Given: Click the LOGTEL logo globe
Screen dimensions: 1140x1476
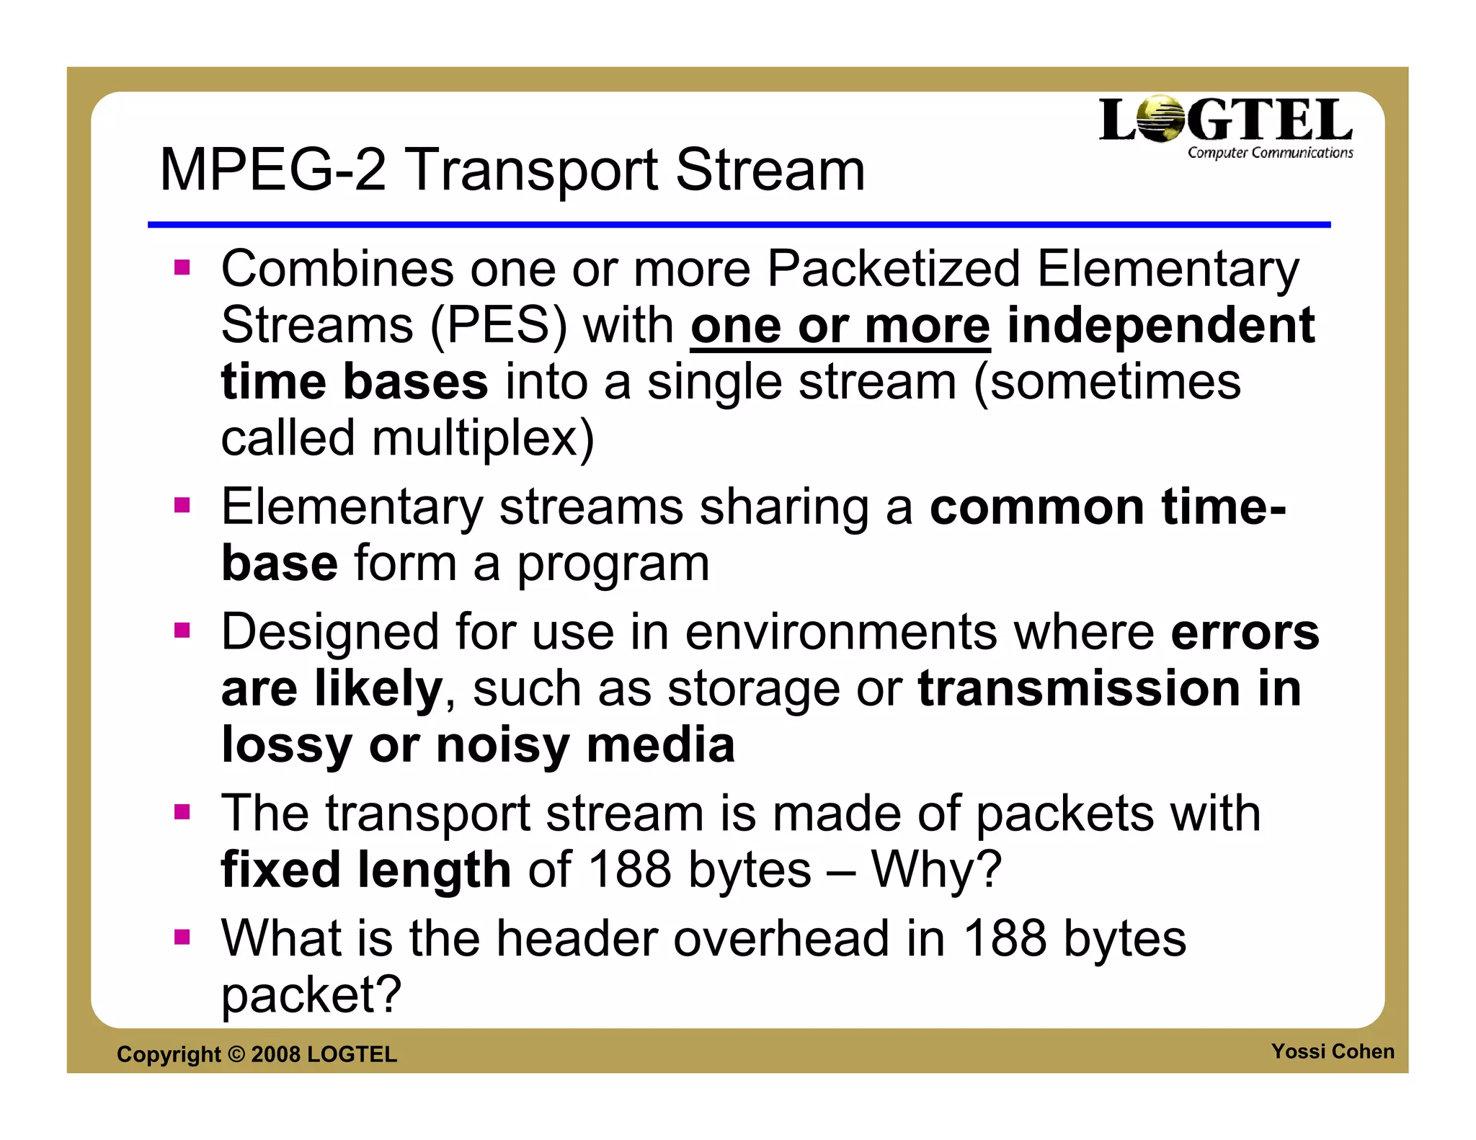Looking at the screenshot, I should point(1161,120).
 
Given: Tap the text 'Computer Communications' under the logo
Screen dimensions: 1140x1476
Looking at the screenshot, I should point(1270,153).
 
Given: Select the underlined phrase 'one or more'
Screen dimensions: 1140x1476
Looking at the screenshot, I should point(840,326).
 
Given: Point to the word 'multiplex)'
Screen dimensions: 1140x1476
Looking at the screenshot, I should point(483,438).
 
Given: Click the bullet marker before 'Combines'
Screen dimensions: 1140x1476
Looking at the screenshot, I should point(182,268).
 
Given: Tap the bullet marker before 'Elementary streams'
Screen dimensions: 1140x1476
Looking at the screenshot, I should point(182,505).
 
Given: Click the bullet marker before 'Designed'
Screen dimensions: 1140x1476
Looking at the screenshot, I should point(182,631).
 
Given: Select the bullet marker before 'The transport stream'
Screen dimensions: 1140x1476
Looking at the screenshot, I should point(182,812).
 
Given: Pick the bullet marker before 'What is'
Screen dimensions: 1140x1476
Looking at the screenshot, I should point(182,937).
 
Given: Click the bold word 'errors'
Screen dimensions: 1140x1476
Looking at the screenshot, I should point(1245,632).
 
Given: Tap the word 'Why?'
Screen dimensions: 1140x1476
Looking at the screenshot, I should point(936,870).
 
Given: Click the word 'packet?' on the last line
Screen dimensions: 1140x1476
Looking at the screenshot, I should point(311,995).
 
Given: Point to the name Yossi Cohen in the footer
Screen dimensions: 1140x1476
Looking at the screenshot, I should point(1333,1051).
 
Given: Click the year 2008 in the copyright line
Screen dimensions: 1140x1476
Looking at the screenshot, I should point(275,1054).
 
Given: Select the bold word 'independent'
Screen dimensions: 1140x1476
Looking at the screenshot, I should point(1160,326).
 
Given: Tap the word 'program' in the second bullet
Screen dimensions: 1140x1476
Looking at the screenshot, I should point(613,564).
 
